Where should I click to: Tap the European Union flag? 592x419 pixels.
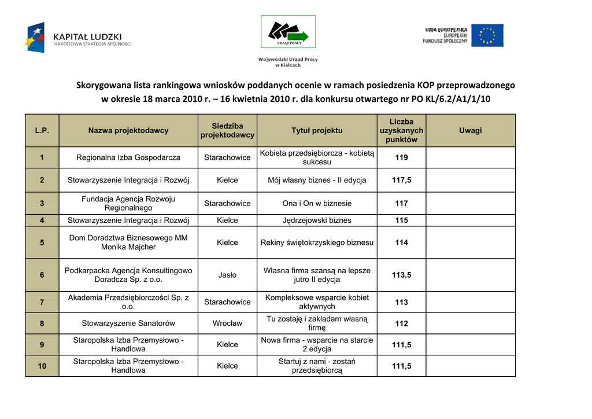[x=487, y=35]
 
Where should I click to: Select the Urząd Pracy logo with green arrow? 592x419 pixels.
[x=288, y=32]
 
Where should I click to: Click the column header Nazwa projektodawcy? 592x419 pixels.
[x=128, y=130]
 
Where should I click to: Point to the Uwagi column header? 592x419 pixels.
[x=470, y=130]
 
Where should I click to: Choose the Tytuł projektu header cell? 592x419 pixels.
[x=317, y=130]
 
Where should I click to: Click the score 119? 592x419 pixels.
[x=401, y=157]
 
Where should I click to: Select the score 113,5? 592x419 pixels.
[x=401, y=275]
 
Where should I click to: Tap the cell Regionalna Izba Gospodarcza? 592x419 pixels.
[x=128, y=157]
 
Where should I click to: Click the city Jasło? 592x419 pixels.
[x=227, y=275]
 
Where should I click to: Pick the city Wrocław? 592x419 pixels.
[x=227, y=324]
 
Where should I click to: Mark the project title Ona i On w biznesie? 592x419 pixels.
[x=317, y=203]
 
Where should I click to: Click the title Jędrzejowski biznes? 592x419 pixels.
[x=317, y=220]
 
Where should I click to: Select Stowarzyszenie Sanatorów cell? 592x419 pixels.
[x=128, y=324]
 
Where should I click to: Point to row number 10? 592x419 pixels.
[x=42, y=366]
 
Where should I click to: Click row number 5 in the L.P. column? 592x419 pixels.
[x=42, y=242]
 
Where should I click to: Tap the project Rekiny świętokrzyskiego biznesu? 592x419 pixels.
[x=317, y=242]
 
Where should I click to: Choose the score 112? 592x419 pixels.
[x=401, y=324]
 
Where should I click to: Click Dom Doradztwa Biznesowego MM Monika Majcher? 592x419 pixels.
[x=128, y=242]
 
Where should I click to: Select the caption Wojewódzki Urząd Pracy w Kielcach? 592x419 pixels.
[x=288, y=62]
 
